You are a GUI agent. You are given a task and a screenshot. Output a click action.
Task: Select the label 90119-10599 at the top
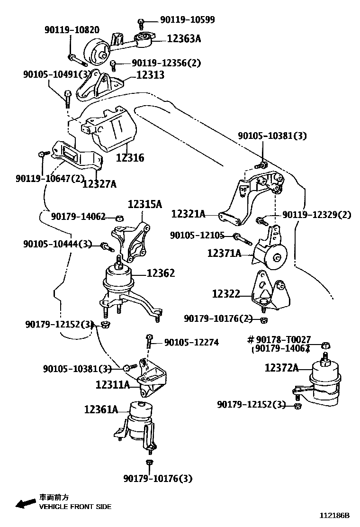tap(187, 19)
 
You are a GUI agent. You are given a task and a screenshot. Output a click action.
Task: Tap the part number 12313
tap(150, 74)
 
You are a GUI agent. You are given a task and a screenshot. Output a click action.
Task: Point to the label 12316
tap(130, 158)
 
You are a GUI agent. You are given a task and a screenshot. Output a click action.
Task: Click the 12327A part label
tap(99, 183)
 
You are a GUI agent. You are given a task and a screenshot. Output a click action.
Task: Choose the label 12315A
tap(144, 204)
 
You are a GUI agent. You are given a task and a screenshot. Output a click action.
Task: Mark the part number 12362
tap(161, 273)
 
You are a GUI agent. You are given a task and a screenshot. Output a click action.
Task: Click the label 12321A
tap(188, 214)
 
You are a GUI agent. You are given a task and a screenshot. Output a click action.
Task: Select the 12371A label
tap(224, 254)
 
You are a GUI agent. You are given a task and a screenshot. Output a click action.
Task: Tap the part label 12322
tap(226, 294)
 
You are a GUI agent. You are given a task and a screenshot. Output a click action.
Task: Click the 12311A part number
tap(113, 384)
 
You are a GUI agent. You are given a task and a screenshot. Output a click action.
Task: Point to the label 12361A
tap(101, 409)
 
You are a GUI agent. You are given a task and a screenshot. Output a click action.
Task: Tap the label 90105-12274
tap(191, 342)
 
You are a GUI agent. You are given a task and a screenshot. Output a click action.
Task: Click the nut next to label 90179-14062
tap(120, 218)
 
